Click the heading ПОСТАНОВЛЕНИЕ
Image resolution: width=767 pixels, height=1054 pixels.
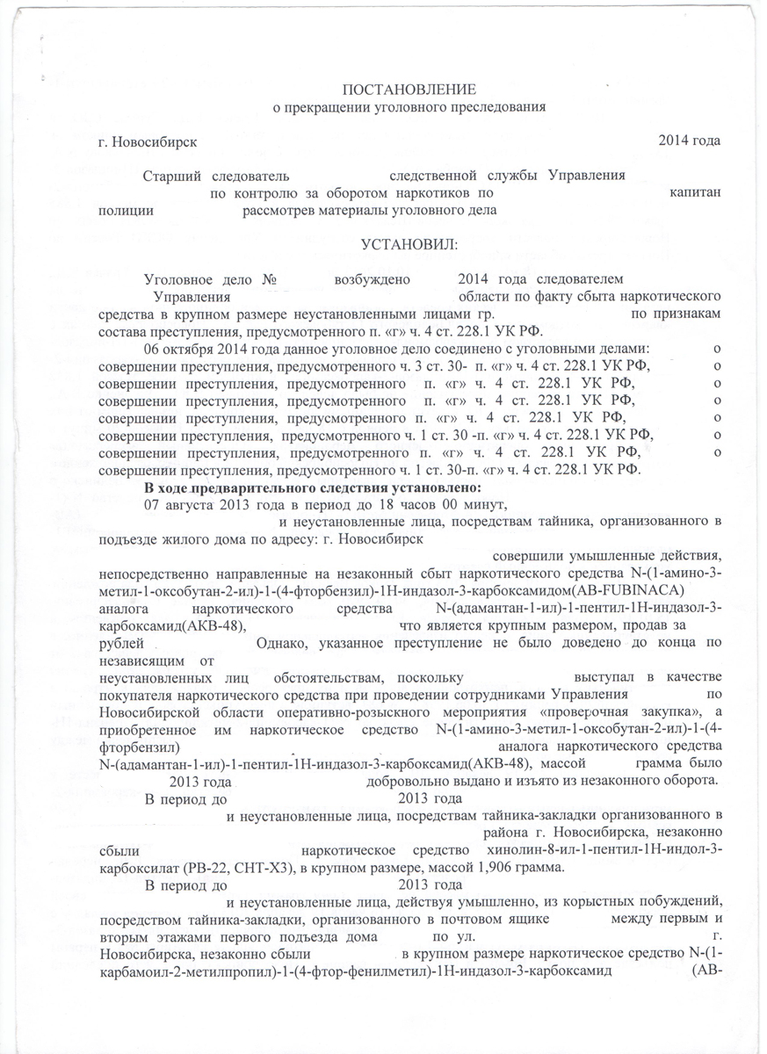point(409,90)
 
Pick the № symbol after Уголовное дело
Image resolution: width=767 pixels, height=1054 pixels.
point(270,279)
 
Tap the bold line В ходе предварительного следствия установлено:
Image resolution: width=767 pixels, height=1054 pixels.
point(313,487)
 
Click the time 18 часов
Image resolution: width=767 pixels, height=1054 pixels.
point(396,503)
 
